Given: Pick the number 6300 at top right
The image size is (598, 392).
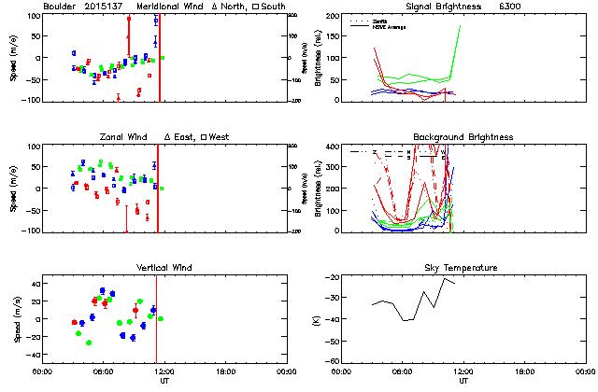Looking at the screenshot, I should pos(539,7).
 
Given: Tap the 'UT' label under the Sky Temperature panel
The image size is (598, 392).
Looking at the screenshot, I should pos(463,380).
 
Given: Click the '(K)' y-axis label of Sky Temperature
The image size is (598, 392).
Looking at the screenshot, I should pos(322,319).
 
